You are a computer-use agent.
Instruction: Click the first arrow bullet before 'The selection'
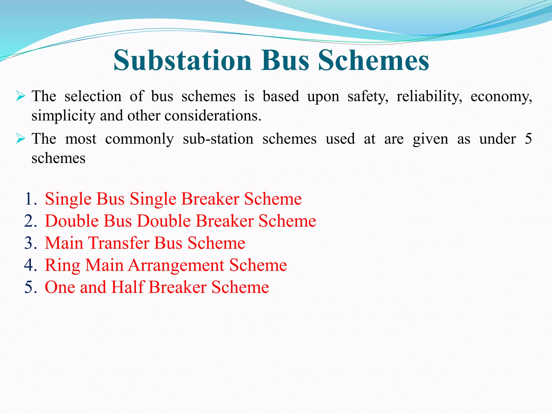tap(20, 96)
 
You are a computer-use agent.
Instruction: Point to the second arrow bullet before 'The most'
tap(20, 139)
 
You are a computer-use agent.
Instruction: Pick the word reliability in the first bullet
tap(429, 96)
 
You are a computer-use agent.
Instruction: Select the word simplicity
tap(63, 116)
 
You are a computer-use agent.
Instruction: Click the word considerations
tap(213, 116)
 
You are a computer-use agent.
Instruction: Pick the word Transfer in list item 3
tap(119, 243)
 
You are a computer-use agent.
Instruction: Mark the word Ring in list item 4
tap(63, 265)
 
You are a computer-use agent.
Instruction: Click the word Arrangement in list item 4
tap(176, 265)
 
